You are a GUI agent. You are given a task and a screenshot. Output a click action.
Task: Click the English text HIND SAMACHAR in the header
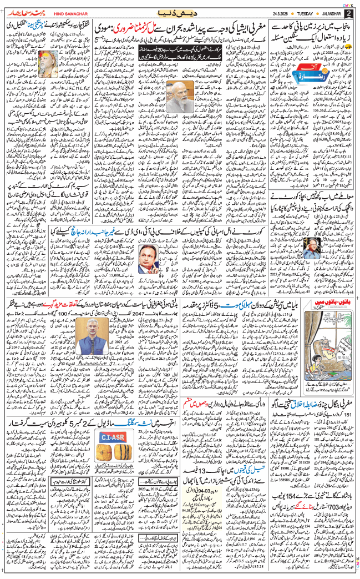[69, 13]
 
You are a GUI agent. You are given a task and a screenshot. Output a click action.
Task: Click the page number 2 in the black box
[348, 13]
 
